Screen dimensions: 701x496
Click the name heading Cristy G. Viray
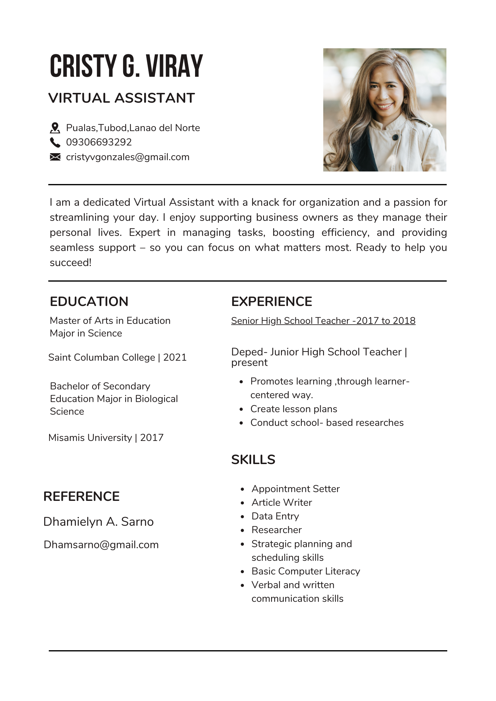pos(126,66)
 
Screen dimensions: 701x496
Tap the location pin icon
pos(55,128)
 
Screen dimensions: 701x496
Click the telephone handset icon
pos(55,142)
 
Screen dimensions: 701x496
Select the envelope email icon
pos(55,157)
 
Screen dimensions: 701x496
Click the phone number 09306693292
pos(99,142)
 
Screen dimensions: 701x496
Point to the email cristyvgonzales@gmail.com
pos(128,157)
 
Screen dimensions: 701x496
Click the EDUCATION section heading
pos(89,301)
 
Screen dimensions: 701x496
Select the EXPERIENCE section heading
pos(272,301)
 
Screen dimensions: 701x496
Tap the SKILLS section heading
pos(253,460)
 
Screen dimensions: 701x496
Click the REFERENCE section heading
pos(81,496)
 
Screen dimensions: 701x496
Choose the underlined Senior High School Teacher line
pos(323,321)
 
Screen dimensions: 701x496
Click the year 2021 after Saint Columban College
pos(175,358)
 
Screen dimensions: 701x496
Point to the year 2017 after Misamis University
pos(152,438)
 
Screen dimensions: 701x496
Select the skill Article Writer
pos(282,503)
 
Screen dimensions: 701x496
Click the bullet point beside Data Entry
pos(242,517)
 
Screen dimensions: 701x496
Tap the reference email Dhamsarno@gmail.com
pos(101,545)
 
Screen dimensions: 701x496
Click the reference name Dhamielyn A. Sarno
pos(99,522)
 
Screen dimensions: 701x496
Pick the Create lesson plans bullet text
pos(294,409)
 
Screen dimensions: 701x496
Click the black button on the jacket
pos(395,138)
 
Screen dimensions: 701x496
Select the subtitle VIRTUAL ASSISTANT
pos(121,98)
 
